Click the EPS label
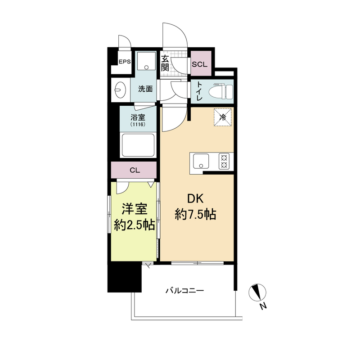[x=125, y=62]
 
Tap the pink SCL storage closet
[x=201, y=63]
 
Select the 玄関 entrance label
[x=165, y=63]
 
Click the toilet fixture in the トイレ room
[x=221, y=92]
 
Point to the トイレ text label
[x=199, y=91]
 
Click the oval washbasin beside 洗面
[x=121, y=90]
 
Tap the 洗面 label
[x=145, y=89]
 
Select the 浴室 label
[x=138, y=117]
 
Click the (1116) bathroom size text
[x=138, y=125]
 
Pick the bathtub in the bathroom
[x=138, y=145]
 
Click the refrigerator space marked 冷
[x=223, y=117]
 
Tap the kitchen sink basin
[x=201, y=161]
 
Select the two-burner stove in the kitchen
[x=224, y=161]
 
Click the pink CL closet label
[x=135, y=170]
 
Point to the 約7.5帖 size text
[x=195, y=215]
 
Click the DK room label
[x=195, y=199]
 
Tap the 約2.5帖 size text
[x=134, y=226]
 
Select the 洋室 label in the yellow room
[x=134, y=209]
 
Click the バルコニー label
[x=185, y=291]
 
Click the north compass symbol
[x=257, y=292]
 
